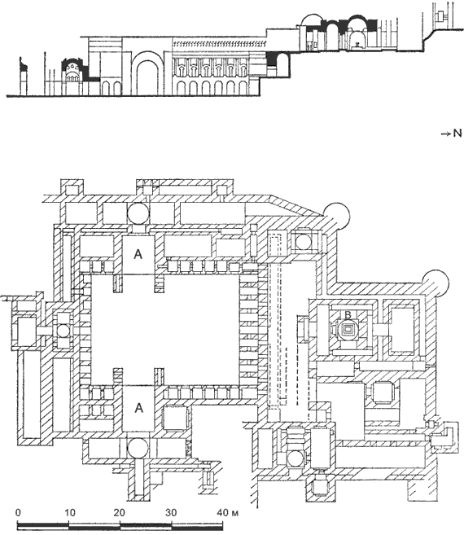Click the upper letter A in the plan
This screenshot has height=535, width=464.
(x=138, y=254)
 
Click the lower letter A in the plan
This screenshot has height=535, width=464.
(x=138, y=407)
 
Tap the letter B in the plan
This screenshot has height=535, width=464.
(x=348, y=314)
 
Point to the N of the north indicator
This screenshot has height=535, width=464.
(x=457, y=134)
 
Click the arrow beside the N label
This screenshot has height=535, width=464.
(x=447, y=134)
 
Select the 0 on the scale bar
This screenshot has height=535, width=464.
(x=18, y=512)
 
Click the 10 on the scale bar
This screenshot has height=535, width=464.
(x=70, y=512)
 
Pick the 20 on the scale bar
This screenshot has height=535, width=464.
(x=119, y=512)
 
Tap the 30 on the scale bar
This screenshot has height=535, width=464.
(x=171, y=512)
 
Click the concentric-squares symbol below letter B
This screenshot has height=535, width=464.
(x=348, y=330)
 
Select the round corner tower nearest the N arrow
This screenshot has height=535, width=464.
(x=435, y=283)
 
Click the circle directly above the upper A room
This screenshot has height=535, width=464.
(x=138, y=213)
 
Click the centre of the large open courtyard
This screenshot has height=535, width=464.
(x=165, y=329)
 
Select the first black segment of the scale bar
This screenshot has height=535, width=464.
(x=43, y=524)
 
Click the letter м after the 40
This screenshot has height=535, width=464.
(x=234, y=514)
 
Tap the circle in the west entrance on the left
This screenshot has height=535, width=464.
(x=63, y=331)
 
